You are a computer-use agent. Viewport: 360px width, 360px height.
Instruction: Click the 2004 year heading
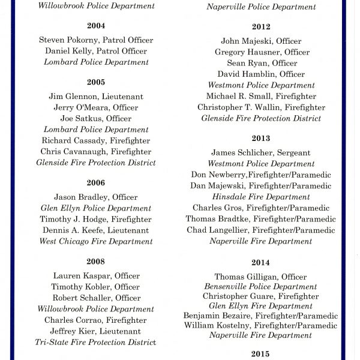click(x=96, y=26)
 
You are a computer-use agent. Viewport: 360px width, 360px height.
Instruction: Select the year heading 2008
click(x=96, y=262)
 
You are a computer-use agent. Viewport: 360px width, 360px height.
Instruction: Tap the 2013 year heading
click(x=261, y=138)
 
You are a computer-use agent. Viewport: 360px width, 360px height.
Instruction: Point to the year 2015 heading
click(x=261, y=353)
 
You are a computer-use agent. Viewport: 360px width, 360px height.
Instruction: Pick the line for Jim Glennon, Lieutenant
click(x=96, y=97)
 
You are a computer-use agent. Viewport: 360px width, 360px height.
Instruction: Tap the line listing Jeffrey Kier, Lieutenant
click(x=96, y=331)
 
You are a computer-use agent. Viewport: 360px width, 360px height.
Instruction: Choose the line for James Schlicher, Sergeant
click(x=261, y=152)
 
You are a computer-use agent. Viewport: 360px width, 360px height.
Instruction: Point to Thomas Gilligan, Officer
click(x=261, y=277)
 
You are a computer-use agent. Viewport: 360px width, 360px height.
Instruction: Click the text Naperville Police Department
click(x=261, y=7)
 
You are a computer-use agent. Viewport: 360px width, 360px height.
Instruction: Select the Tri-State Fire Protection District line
click(x=96, y=342)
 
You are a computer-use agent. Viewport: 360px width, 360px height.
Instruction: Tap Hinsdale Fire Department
click(x=261, y=196)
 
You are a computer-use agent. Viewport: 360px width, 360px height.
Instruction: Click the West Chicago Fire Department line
click(x=96, y=241)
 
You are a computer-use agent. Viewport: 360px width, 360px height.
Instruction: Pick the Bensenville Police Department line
click(x=261, y=287)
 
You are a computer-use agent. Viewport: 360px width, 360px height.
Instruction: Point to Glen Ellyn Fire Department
click(x=261, y=306)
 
